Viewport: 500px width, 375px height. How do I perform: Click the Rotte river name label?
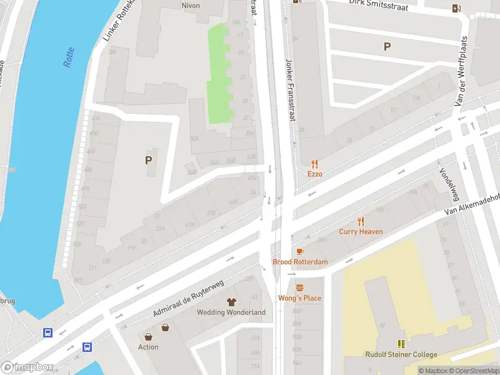(x=69, y=57)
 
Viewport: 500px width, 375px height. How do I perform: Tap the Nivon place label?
(x=190, y=5)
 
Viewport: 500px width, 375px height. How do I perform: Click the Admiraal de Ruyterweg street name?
(x=189, y=298)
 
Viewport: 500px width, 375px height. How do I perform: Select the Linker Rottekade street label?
(x=115, y=26)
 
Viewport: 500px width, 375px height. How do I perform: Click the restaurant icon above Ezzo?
(x=314, y=164)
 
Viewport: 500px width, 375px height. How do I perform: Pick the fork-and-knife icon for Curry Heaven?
(x=361, y=221)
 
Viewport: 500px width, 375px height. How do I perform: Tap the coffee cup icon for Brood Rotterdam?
(x=300, y=251)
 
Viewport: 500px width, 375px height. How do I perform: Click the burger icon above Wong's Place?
(x=299, y=287)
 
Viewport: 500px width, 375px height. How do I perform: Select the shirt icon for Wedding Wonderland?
(x=231, y=302)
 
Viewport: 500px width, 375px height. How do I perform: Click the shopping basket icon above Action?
(x=165, y=327)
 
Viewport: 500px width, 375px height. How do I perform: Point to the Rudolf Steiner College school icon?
(x=401, y=344)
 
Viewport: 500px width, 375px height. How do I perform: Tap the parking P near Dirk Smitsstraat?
(x=387, y=46)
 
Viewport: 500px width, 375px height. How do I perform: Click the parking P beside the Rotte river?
(x=148, y=160)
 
